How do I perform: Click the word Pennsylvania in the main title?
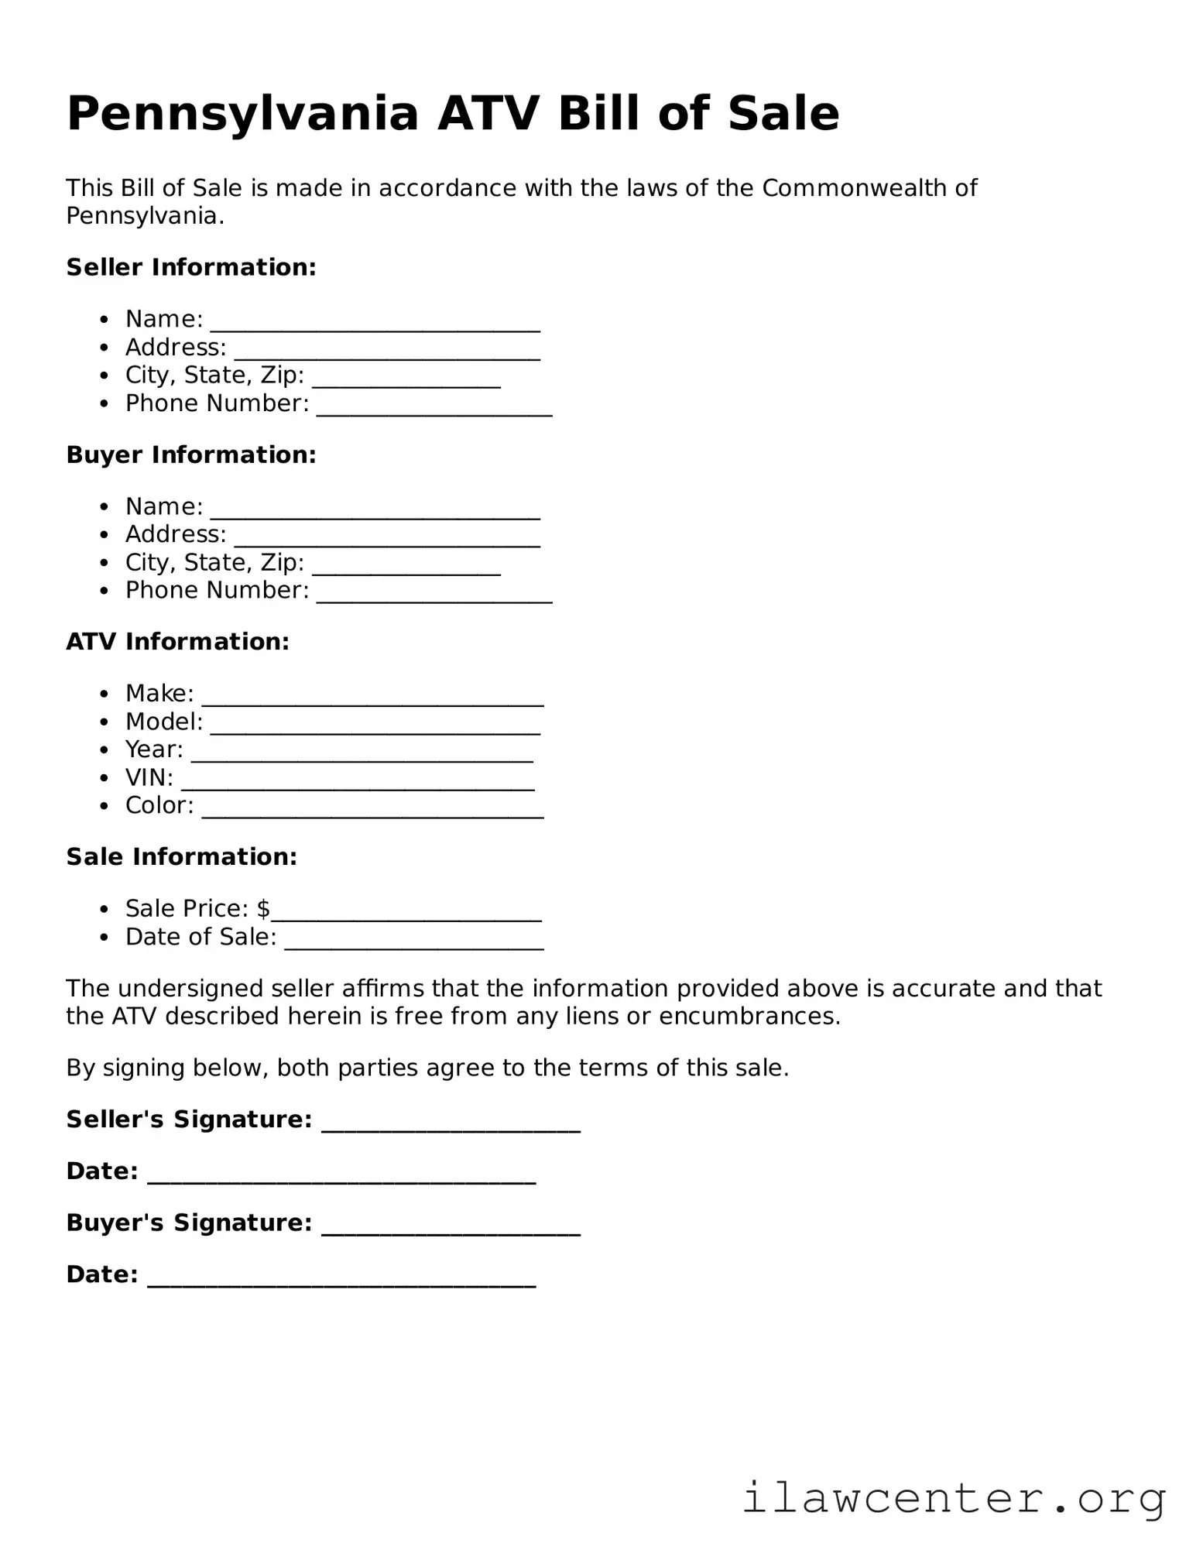tap(242, 115)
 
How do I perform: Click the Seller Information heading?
tap(191, 267)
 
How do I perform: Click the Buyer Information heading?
tap(191, 454)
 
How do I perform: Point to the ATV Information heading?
tap(177, 642)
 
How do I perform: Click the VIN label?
tap(149, 777)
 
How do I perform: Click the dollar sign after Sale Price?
tap(263, 908)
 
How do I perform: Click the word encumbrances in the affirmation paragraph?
tap(749, 1017)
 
